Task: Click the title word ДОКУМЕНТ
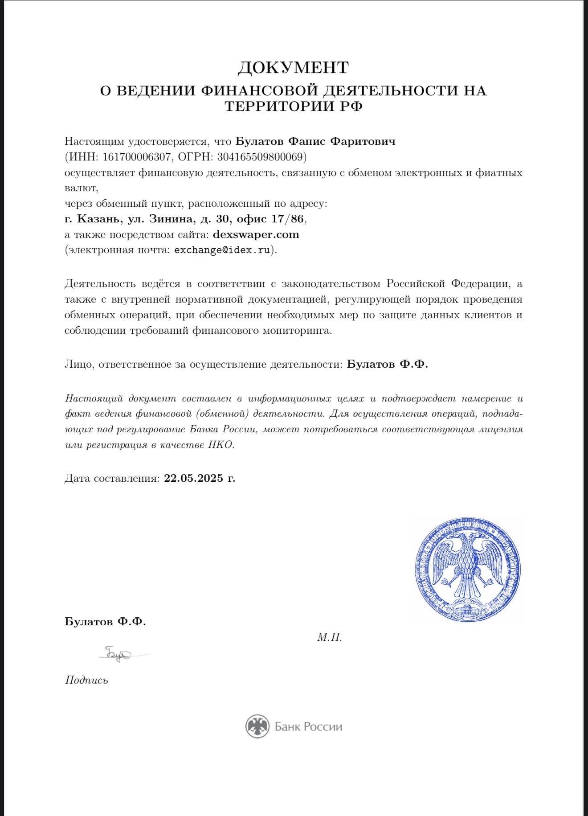point(293,68)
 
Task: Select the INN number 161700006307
point(137,157)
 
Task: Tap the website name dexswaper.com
point(256,234)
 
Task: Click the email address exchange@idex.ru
point(222,250)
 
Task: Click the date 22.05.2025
point(193,478)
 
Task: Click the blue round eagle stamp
point(467,570)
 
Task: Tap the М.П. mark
point(330,637)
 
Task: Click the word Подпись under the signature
point(86,680)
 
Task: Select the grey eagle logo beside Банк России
point(257,726)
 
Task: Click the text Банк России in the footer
point(308,727)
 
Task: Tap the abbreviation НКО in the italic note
point(220,445)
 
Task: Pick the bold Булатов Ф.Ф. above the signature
point(105,622)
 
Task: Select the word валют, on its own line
point(81,188)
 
